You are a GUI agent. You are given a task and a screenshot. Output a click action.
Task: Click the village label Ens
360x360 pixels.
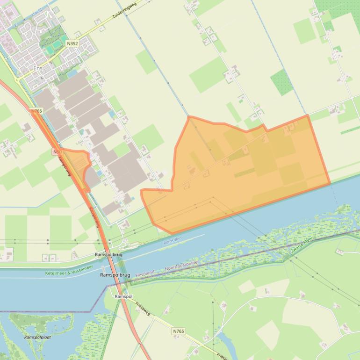[38, 68]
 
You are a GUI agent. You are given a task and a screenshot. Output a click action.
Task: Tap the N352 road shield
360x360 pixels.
[72, 43]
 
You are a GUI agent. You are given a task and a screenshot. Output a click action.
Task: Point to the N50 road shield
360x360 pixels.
[57, 152]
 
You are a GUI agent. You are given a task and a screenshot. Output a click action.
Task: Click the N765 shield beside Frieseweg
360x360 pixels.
[178, 331]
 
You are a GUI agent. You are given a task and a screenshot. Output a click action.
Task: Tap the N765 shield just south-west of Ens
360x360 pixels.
[36, 111]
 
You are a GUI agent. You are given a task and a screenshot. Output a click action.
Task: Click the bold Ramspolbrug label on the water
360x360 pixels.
[115, 275]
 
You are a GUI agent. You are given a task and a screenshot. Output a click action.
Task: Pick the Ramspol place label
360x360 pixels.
[124, 296]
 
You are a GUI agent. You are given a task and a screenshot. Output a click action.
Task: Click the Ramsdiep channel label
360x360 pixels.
[172, 242]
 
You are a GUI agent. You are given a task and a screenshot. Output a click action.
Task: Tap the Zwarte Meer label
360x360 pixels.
[302, 245]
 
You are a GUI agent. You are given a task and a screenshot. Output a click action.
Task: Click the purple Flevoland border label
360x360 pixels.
[144, 273]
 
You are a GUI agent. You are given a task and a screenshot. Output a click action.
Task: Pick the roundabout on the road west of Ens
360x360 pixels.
[18, 80]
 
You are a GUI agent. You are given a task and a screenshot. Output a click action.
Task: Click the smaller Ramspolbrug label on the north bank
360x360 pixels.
[108, 255]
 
